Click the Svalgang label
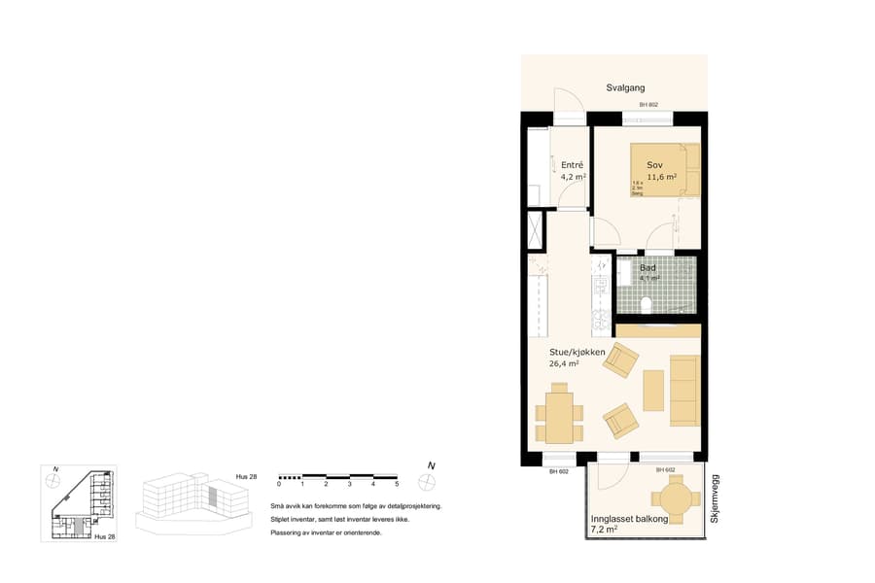coord(625,87)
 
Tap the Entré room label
coord(572,165)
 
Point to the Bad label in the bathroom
coord(648,267)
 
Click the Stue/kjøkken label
coord(577,352)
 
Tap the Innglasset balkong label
coord(629,520)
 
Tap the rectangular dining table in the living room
coord(559,412)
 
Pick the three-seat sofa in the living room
coord(684,390)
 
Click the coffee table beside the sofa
coord(653,390)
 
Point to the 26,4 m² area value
coord(565,364)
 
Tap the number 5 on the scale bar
coord(397,484)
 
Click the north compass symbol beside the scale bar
coord(427,480)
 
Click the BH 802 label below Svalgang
coord(648,105)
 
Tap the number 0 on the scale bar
coord(279,484)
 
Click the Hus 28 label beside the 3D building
coord(246,477)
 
